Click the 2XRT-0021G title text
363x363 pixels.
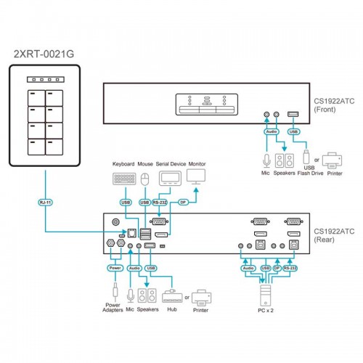click(x=44, y=54)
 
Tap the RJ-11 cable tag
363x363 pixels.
click(x=46, y=203)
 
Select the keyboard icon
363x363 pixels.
click(x=124, y=179)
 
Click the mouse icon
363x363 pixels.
click(x=145, y=179)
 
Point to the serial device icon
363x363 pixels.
click(x=170, y=179)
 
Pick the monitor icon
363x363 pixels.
click(x=196, y=176)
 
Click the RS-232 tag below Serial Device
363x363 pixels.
click(x=160, y=203)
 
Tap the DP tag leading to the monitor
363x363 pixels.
click(x=183, y=203)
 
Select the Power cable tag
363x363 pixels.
click(x=115, y=268)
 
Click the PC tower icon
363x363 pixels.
click(x=266, y=295)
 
